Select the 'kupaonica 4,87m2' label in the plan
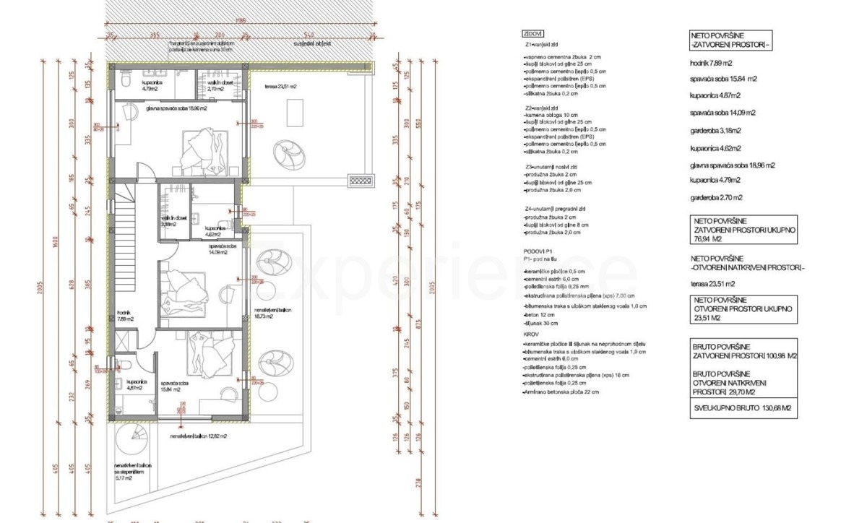coord(131,385)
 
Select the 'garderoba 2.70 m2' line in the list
coord(716,197)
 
